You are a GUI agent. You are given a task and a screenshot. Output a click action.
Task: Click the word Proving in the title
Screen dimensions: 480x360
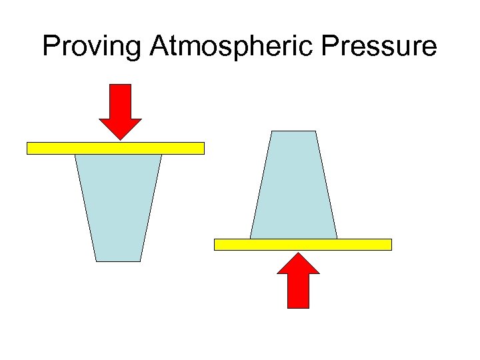[93, 47]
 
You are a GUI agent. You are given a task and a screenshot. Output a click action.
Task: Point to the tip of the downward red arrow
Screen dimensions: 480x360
[120, 139]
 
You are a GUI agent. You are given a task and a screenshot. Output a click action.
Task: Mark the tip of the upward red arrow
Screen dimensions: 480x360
[298, 253]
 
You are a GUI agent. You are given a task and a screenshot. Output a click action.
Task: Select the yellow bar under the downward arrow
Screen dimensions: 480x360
[115, 148]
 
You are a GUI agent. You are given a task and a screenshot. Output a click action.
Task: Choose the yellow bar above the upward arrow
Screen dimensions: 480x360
[303, 244]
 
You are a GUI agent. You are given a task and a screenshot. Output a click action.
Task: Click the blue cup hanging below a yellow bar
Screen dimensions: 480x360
[119, 207]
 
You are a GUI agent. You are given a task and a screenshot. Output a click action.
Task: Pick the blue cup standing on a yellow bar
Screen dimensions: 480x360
[293, 187]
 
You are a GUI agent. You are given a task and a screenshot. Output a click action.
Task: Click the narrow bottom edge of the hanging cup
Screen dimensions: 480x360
[119, 260]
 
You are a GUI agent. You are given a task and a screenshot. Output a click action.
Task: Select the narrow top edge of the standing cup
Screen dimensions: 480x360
[293, 132]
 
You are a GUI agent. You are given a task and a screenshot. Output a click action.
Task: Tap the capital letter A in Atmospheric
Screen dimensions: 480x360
[160, 46]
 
